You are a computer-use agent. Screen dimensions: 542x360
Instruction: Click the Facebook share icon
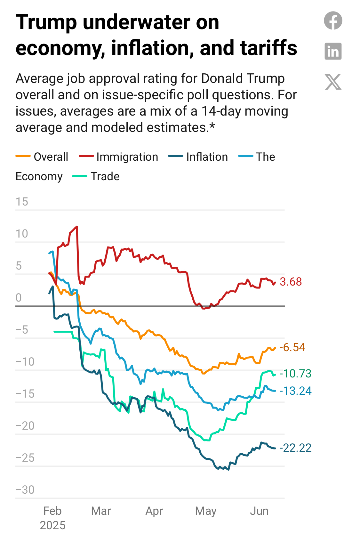tap(333, 20)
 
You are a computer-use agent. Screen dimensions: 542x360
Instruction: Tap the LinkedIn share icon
tap(333, 51)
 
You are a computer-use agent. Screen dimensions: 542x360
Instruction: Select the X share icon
tap(333, 82)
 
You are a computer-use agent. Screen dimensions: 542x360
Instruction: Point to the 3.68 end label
tap(291, 282)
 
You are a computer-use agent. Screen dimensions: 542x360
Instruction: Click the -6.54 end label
tap(292, 347)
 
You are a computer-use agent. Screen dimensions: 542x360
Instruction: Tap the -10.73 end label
tap(295, 374)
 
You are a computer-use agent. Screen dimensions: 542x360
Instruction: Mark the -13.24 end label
tap(295, 391)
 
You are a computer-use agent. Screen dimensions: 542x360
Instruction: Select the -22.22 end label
tap(295, 448)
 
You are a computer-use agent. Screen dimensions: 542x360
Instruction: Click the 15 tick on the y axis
tap(22, 202)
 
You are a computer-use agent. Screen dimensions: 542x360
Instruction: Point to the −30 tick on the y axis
tap(25, 490)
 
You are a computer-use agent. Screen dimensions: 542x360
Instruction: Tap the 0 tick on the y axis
tap(19, 298)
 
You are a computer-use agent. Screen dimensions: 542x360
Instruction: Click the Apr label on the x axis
tap(154, 511)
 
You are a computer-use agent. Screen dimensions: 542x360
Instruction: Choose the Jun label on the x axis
tap(259, 511)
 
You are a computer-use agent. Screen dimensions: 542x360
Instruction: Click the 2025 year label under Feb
tap(52, 525)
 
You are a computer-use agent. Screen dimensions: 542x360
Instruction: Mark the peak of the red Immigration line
tap(77, 227)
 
